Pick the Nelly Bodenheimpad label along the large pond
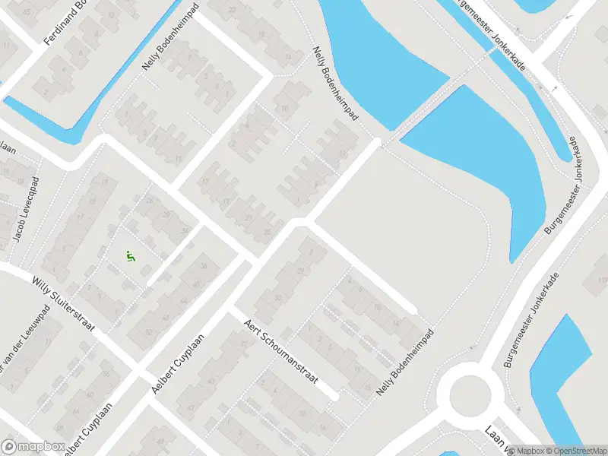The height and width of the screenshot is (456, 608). pos(335,87)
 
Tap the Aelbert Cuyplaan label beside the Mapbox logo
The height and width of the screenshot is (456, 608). pos(86,432)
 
